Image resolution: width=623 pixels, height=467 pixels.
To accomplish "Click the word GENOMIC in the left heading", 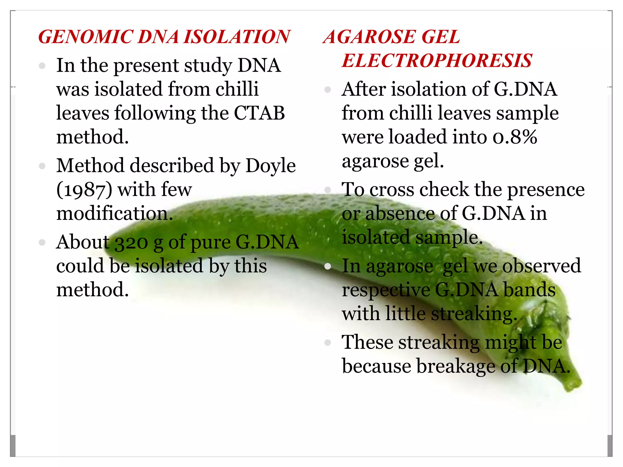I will pos(85,37).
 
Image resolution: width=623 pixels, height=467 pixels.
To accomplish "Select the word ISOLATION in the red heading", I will pos(237,37).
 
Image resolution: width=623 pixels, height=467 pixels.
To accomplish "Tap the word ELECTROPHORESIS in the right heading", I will pos(437,61).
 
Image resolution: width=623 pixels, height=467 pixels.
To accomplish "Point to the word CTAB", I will pos(259,113).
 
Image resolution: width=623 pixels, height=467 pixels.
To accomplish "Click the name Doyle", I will pos(270,166).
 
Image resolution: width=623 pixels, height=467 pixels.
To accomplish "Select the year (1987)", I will pos(84,190).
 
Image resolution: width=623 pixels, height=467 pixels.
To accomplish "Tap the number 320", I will pos(131,243).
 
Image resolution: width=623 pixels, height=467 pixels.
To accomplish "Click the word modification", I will pos(115,213).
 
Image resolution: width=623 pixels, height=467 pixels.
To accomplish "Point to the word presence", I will pos(546,190).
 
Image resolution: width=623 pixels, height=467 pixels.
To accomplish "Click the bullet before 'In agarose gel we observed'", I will pos(328,267).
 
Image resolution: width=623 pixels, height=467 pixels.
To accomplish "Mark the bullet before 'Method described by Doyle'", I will pos(42,166).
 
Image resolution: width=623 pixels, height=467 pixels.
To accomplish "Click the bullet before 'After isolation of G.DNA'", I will pos(328,90).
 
